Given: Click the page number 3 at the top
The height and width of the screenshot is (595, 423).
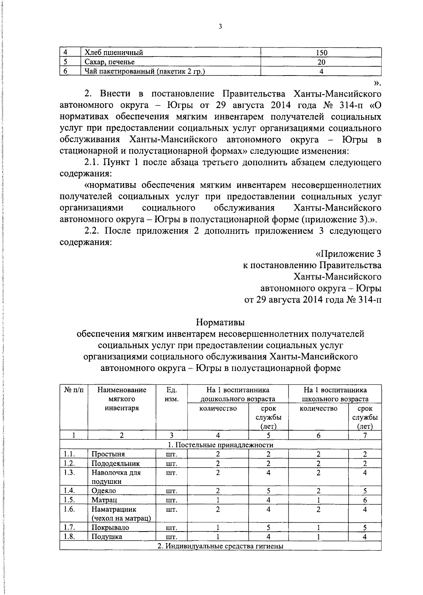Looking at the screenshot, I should point(220,26).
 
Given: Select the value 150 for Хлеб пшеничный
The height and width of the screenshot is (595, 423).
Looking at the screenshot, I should point(321,53).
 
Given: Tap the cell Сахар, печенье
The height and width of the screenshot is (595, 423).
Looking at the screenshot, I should point(110,62).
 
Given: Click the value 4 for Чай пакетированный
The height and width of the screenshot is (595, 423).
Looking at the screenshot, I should point(321,71).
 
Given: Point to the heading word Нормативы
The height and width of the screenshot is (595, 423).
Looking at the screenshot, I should point(220,322).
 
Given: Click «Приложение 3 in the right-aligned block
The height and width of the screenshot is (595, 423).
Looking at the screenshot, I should point(348,254).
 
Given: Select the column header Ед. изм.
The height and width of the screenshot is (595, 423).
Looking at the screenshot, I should point(171,395).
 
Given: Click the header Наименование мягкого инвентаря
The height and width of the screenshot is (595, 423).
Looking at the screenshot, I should point(122,399).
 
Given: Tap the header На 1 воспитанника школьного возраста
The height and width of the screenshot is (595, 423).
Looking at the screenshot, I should point(335,395).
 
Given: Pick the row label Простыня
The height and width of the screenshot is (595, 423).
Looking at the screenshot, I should point(108,454).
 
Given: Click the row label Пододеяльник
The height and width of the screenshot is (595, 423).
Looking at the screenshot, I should point(116,463).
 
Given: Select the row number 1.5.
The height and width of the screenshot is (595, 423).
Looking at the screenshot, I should point(70,500).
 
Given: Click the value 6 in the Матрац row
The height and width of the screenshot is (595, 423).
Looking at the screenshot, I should point(365,500).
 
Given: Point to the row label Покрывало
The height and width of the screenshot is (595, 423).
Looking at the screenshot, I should point(110,528).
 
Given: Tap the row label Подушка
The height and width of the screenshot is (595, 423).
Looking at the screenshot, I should point(107,537).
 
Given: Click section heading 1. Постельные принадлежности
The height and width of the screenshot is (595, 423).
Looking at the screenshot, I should point(220,445).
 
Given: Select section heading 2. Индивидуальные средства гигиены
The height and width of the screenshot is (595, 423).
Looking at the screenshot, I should point(220,546).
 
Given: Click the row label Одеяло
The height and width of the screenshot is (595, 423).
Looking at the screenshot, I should point(104,491).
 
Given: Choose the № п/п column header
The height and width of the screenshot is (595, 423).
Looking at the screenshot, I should point(74,390).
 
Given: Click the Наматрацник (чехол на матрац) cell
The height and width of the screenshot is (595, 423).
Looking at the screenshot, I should point(121,514).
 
